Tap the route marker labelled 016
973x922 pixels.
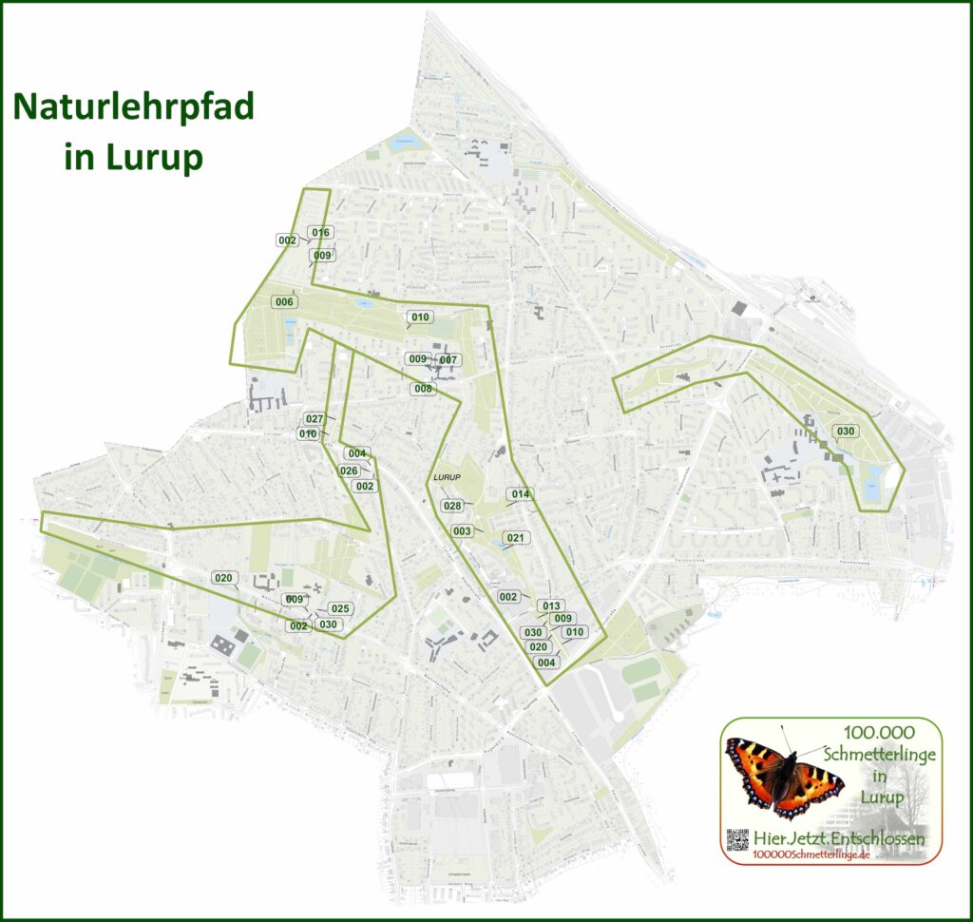pos(320,233)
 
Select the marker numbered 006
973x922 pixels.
pos(283,302)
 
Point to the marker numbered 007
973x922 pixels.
pos(448,360)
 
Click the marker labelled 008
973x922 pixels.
pos(423,389)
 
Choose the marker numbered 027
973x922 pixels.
pos(315,419)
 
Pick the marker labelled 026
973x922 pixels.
pos(349,471)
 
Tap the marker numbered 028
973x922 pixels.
pos(452,506)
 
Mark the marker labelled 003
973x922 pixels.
pos(462,530)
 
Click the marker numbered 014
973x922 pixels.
pos(520,494)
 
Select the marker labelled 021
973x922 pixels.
pos(514,538)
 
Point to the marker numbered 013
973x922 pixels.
pos(551,605)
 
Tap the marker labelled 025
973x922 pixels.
pos(340,608)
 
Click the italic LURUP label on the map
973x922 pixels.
pos(446,476)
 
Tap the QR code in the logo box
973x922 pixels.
pos(737,840)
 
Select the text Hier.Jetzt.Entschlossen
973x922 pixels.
pos(837,837)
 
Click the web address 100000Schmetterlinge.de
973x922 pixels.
pos(811,855)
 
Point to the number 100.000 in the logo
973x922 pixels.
pos(878,733)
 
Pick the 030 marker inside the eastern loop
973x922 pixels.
pos(846,432)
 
